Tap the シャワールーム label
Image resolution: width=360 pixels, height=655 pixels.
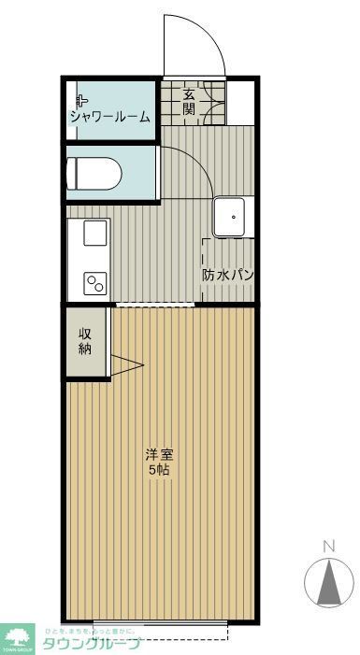coord(108,116)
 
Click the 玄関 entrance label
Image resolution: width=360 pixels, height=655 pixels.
coord(189,102)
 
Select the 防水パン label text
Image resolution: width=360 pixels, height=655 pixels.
coord(228,276)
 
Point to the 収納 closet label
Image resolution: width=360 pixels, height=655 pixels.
coord(85,341)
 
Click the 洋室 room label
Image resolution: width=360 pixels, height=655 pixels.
coord(158,455)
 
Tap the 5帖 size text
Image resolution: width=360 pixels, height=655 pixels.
coord(158,470)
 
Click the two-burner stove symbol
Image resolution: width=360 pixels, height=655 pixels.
coord(95,281)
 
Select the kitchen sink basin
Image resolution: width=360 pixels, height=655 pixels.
coord(94,233)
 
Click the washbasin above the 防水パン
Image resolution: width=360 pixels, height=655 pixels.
coord(228,218)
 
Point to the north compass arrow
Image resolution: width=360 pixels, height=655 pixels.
coord(329,580)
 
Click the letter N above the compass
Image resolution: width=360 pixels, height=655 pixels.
coord(328,546)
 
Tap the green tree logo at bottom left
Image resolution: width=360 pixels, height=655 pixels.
coord(17,638)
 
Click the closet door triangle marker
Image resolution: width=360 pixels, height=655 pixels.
coord(125,366)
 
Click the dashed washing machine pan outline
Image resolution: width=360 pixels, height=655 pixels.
coord(228,271)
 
